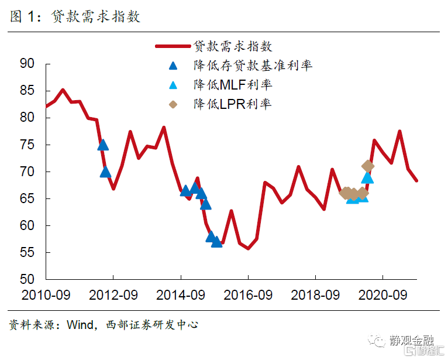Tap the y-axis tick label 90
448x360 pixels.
pyautogui.click(x=27, y=63)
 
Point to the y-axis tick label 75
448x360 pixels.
pyautogui.click(x=27, y=145)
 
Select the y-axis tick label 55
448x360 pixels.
pyautogui.click(x=27, y=252)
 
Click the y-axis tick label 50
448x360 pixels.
pyautogui.click(x=27, y=279)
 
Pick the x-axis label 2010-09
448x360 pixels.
pyautogui.click(x=46, y=294)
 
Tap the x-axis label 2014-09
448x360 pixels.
pyautogui.click(x=181, y=294)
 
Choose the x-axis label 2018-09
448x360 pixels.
pyautogui.click(x=316, y=294)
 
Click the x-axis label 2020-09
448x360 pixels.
pyautogui.click(x=383, y=294)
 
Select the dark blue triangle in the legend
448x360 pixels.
pyautogui.click(x=173, y=66)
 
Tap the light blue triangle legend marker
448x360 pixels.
pyautogui.click(x=173, y=85)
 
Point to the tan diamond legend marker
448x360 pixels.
pyautogui.click(x=173, y=104)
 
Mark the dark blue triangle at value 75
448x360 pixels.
pyautogui.click(x=102, y=145)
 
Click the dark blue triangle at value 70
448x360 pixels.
pyautogui.click(x=106, y=172)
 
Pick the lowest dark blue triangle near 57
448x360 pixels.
pyautogui.click(x=216, y=241)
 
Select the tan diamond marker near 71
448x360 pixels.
pyautogui.click(x=368, y=166)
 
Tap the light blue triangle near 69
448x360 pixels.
pyautogui.click(x=367, y=177)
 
